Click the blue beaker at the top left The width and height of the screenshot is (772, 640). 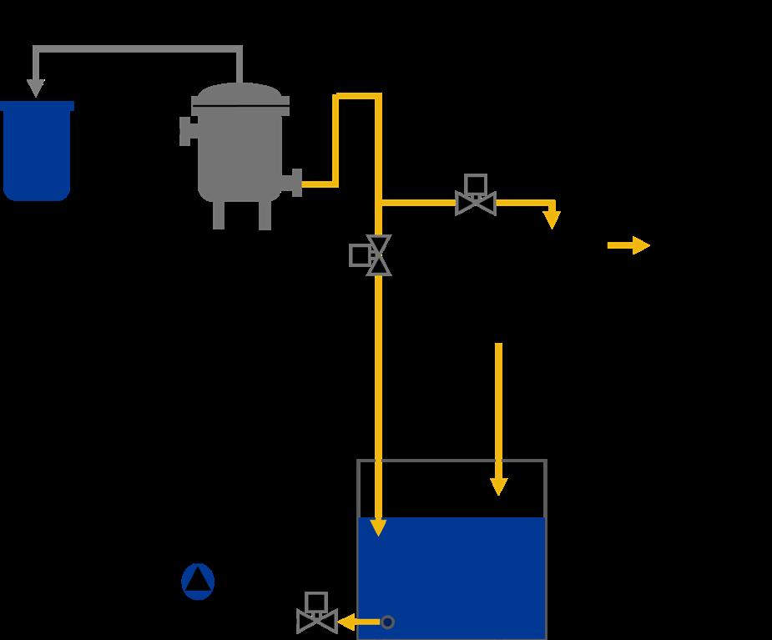[37, 150]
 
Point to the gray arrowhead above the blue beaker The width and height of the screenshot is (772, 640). [35, 88]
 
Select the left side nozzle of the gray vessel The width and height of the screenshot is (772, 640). [187, 131]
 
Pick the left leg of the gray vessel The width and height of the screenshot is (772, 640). [219, 215]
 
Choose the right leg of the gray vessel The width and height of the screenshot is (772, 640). [265, 215]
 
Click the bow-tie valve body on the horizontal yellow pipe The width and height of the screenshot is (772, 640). [476, 204]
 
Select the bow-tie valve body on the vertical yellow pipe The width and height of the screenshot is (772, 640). [379, 255]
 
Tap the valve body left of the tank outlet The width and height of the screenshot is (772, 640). [317, 622]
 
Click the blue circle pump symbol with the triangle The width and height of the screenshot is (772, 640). [198, 582]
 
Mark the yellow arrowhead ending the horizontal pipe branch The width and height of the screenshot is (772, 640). [552, 219]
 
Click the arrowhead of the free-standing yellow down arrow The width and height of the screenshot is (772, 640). [498, 486]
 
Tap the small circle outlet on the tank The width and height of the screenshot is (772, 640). [387, 622]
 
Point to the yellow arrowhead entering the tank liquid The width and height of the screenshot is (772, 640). [378, 527]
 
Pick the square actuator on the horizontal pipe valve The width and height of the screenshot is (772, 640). [476, 184]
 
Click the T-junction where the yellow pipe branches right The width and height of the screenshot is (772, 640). [379, 203]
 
